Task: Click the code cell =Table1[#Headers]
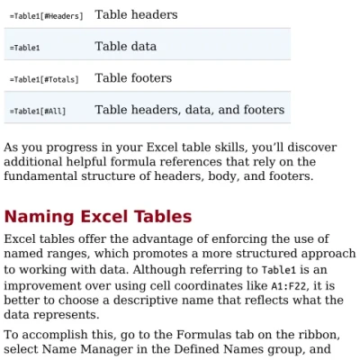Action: (x=46, y=16)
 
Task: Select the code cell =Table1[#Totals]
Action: (x=44, y=80)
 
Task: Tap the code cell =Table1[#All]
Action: (x=38, y=112)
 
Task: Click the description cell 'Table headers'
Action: (x=136, y=14)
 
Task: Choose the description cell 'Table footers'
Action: (x=133, y=78)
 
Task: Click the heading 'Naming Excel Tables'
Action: (x=98, y=217)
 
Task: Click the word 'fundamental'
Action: (x=41, y=176)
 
